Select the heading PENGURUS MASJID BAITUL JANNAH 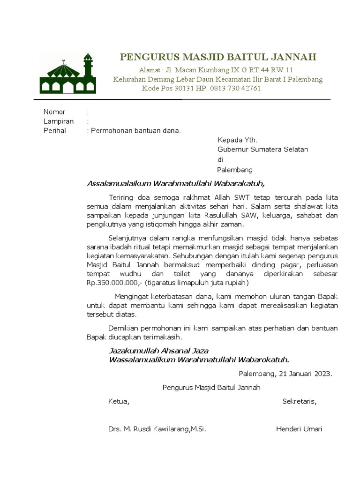pos(218,57)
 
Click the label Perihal pos(55,131)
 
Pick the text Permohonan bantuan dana pos(135,131)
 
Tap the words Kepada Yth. pos(237,140)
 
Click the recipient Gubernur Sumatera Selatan pos(262,150)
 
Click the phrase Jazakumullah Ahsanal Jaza pos(158,350)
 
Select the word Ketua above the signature pos(119,401)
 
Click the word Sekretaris pos(299,401)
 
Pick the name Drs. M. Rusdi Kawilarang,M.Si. pos(157,429)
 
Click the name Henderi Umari pos(299,429)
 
